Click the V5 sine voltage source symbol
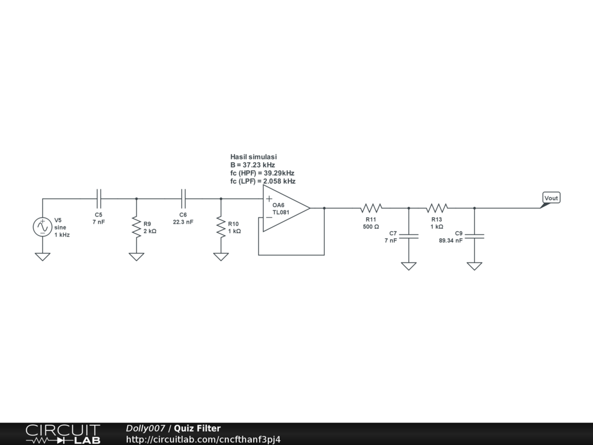43,227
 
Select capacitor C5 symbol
99,198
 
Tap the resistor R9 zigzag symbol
137,227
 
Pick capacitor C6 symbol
184,198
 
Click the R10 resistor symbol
221,227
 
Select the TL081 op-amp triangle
284,209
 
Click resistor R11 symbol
371,207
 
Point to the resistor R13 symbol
437,207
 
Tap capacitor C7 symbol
409,236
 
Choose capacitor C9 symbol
475,236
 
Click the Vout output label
551,198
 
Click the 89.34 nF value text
451,240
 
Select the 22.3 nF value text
183,222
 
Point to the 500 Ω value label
371,227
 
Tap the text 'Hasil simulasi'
254,157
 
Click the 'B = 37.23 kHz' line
252,165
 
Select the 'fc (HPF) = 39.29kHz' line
262,173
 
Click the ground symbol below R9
137,257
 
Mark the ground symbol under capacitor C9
475,266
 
